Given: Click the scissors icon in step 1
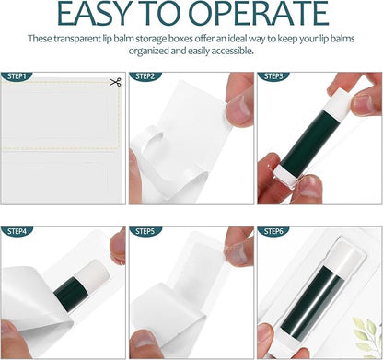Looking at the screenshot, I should click(115, 84).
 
